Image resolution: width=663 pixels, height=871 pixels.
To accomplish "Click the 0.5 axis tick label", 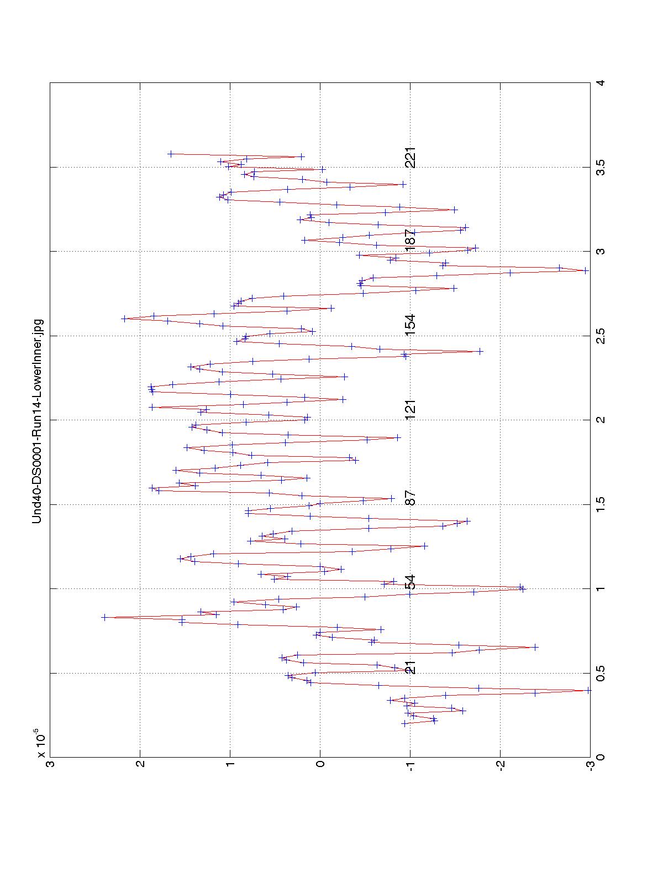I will [x=599, y=673].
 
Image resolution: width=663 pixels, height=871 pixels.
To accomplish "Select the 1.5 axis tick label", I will [x=599, y=504].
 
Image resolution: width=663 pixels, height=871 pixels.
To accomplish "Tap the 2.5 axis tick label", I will [x=599, y=336].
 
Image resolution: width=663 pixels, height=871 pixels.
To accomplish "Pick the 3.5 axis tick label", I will [x=599, y=167].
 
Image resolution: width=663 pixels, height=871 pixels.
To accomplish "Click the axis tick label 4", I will [x=599, y=83].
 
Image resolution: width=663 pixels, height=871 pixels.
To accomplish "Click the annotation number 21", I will [x=410, y=667].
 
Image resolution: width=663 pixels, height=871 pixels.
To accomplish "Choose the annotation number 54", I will [x=410, y=582].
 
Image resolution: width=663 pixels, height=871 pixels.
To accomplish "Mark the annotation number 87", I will [x=410, y=498].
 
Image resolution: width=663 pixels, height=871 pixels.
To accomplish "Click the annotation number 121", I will [x=410, y=409].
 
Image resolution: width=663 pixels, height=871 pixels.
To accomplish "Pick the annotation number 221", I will [x=410, y=157].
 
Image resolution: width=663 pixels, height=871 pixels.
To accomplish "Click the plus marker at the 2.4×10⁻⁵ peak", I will [x=104, y=617].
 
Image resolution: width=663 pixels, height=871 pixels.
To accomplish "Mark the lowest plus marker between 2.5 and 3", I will [x=586, y=270].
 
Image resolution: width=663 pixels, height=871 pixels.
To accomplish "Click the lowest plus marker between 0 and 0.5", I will [x=589, y=690].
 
